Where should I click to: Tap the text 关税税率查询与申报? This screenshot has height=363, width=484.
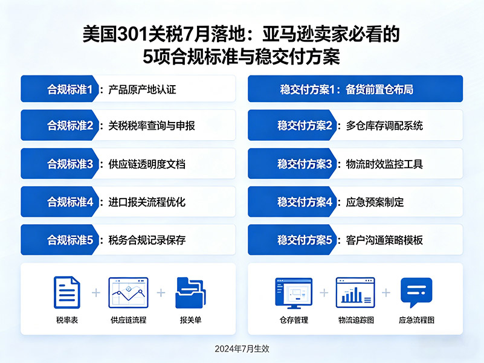pos(151,126)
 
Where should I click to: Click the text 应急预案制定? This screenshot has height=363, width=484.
pos(375,202)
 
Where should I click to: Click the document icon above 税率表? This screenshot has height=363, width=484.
pos(66,292)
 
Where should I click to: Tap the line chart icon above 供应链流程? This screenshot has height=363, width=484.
pos(128,293)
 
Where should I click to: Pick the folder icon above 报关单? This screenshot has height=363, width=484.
pos(190,292)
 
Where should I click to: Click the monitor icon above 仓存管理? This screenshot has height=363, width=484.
pos(294,293)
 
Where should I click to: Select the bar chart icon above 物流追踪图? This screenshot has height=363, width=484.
pos(355,293)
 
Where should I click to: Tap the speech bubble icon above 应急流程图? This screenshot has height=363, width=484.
pos(416,292)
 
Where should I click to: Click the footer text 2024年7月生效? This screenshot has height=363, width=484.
pos(242,349)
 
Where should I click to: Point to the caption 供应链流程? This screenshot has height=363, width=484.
pos(128,320)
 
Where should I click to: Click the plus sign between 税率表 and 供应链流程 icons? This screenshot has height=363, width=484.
pos(96,293)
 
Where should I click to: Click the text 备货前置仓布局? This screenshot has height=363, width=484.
pos(379,89)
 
